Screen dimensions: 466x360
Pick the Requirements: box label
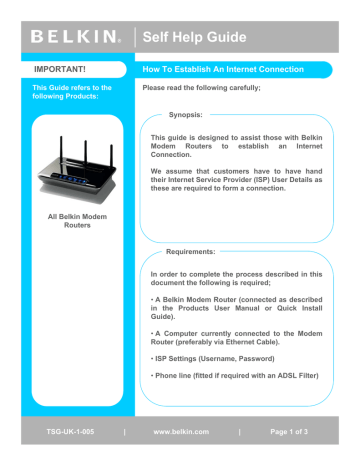click(195, 254)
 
